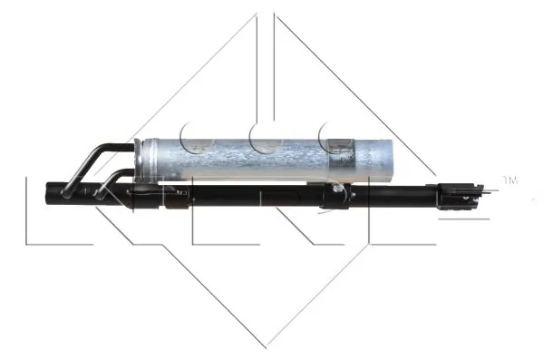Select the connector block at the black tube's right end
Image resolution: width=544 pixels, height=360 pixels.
point(453,194)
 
